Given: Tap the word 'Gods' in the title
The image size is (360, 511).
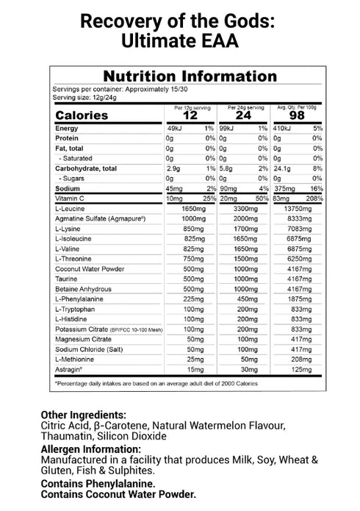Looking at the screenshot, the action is (x=251, y=20).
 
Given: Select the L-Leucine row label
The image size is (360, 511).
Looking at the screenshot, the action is (x=71, y=210).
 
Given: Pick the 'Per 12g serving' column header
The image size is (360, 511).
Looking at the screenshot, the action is (x=190, y=107).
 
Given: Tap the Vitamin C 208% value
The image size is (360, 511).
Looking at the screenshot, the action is (x=314, y=199).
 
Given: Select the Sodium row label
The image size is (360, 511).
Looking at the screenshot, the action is (x=68, y=189).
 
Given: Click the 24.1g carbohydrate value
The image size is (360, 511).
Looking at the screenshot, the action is (x=283, y=168).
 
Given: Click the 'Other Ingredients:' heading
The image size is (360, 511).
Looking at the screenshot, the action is (x=83, y=414).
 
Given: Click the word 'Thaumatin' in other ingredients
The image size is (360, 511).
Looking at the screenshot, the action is (x=67, y=437).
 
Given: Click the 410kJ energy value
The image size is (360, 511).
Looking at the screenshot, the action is (x=283, y=129).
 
